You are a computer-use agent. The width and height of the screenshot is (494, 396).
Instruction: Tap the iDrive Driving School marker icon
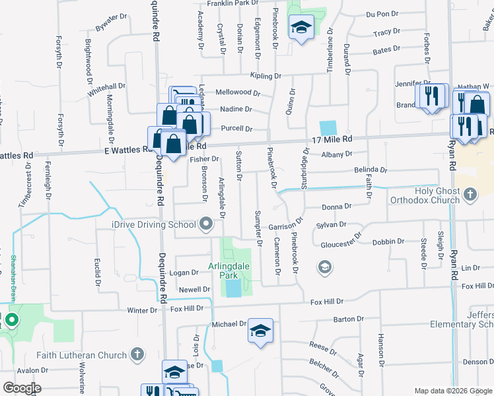click(206, 224)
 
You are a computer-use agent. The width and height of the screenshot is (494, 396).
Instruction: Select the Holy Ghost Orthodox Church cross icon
click(470, 194)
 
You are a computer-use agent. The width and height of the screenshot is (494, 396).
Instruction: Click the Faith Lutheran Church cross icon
click(137, 355)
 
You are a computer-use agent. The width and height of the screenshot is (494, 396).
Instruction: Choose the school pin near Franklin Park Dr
click(301, 28)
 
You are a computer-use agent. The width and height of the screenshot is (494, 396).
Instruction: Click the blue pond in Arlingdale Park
click(233, 288)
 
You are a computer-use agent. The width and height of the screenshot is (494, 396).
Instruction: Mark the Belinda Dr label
click(370, 170)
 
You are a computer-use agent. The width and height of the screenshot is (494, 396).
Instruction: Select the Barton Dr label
click(345, 319)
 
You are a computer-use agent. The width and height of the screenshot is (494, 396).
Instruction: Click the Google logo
click(22, 387)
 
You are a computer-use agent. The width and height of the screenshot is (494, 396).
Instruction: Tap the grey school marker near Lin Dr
click(324, 267)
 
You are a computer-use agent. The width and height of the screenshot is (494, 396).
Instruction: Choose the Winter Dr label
click(142, 310)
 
